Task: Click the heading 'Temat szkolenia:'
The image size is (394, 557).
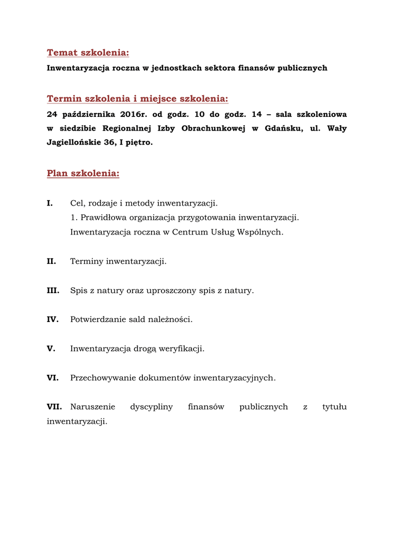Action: [x=88, y=53]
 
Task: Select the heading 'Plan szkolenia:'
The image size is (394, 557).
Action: [x=83, y=174]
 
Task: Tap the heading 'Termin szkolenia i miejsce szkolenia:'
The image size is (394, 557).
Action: [x=137, y=98]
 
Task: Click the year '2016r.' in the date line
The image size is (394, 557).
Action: [x=133, y=115]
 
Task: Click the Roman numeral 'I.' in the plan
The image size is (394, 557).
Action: [x=50, y=203]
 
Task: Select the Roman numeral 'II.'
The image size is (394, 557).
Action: [x=52, y=262]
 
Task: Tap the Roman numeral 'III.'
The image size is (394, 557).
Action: [x=53, y=291]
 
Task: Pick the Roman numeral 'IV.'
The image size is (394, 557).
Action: [x=53, y=320]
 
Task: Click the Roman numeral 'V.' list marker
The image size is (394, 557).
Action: [x=51, y=349]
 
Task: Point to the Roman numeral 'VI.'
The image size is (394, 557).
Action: [x=53, y=378]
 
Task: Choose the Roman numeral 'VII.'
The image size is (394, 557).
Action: [x=54, y=407]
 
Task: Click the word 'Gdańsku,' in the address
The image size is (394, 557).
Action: [x=285, y=129]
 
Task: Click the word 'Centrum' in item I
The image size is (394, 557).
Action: [x=191, y=232]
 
